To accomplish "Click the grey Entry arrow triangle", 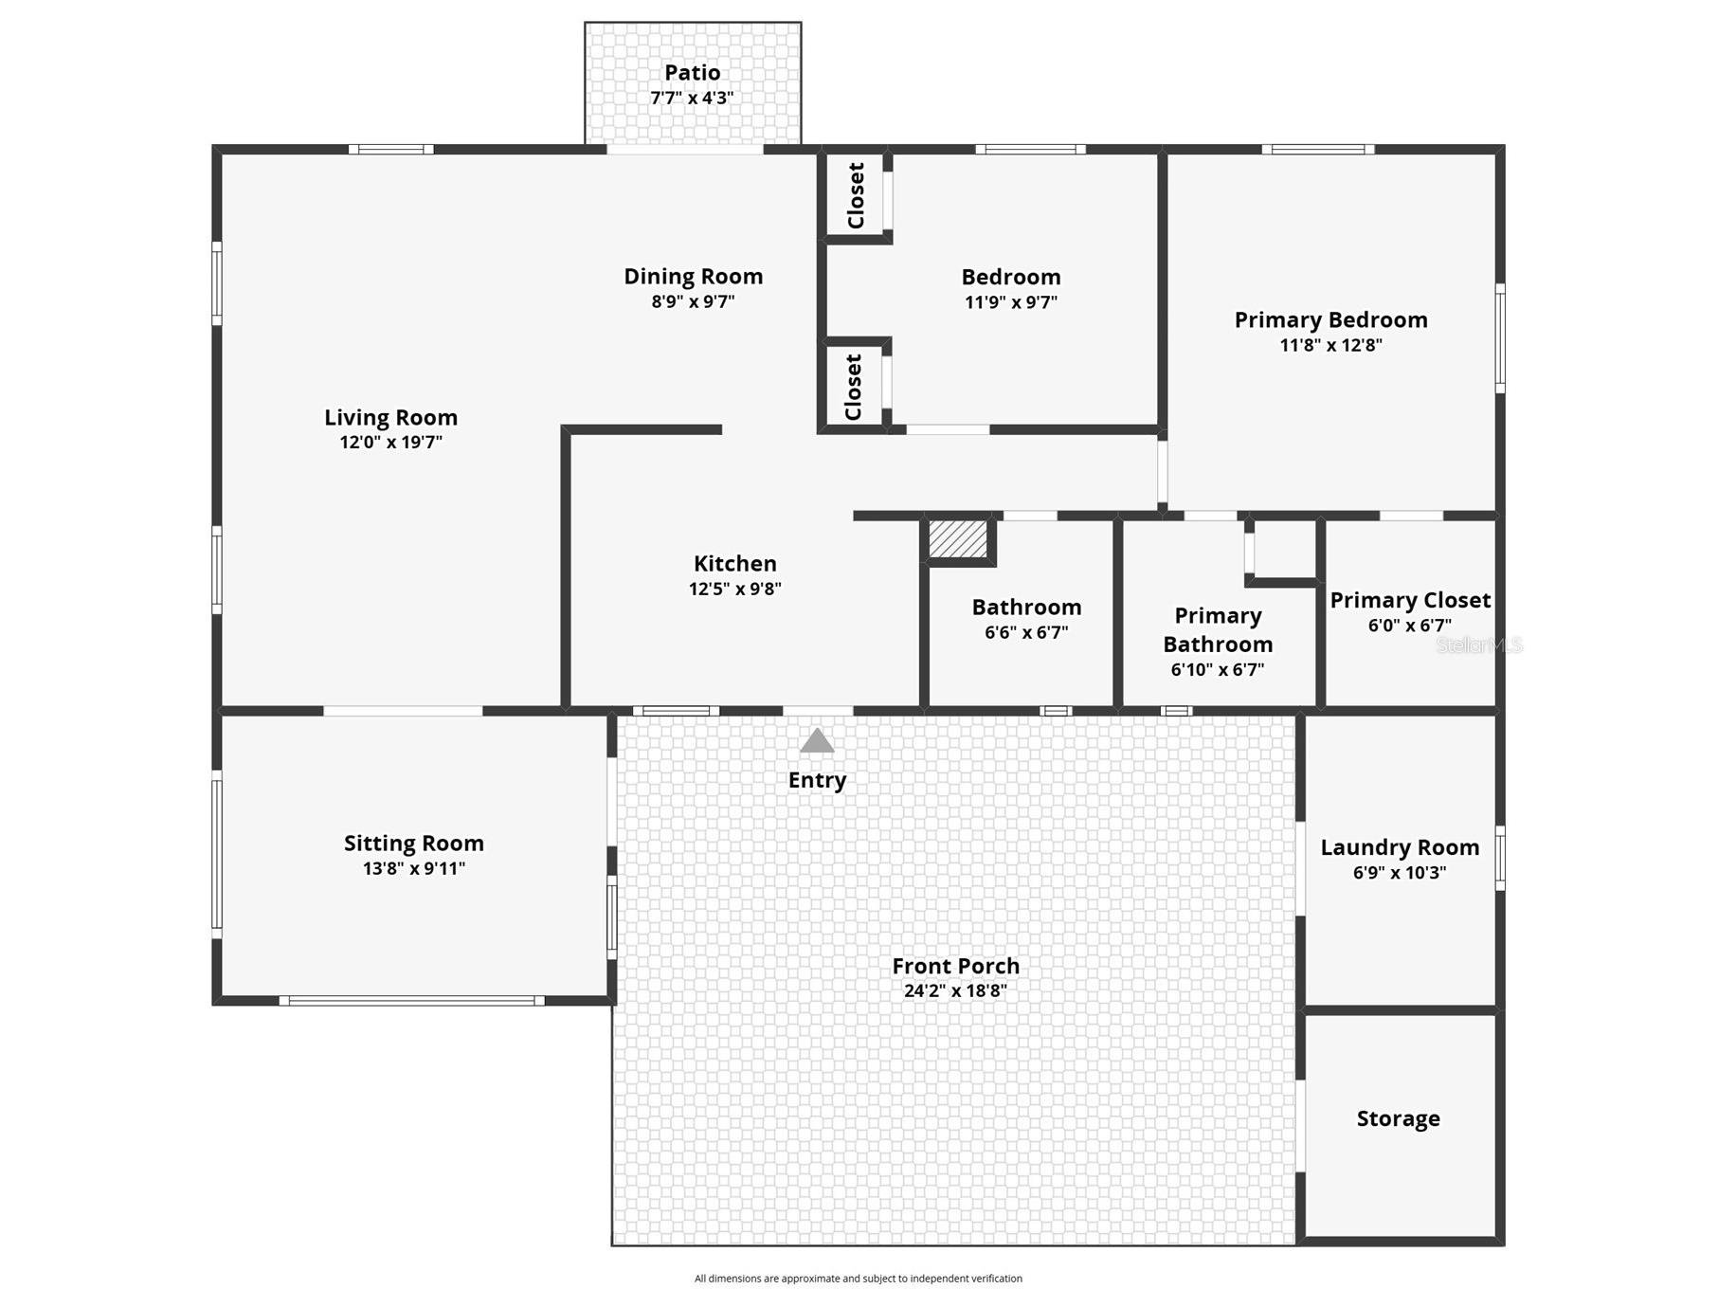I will (x=817, y=741).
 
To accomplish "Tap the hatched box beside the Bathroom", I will (x=957, y=539).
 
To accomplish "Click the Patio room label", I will (x=692, y=73).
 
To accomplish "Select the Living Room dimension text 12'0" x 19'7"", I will (x=390, y=443).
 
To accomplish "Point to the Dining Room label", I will (x=693, y=277).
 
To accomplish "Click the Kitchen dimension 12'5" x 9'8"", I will (x=734, y=589).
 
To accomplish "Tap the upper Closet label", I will (x=856, y=195).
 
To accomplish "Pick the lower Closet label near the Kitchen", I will (x=853, y=387).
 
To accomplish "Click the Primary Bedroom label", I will (x=1330, y=320).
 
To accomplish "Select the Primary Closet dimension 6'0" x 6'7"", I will (x=1409, y=626).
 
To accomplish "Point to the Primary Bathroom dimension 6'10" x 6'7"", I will (x=1217, y=670).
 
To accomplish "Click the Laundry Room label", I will (x=1399, y=847).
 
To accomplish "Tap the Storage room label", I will (x=1398, y=1118).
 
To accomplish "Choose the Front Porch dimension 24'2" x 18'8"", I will (x=954, y=991).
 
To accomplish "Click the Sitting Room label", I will (x=413, y=844).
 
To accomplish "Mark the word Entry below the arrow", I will (x=817, y=780).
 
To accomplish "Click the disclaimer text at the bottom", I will (x=858, y=1279).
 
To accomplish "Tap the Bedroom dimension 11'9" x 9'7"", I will (x=1010, y=302).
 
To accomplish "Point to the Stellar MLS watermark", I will (x=1478, y=645).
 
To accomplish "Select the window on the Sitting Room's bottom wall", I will (x=411, y=1001).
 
